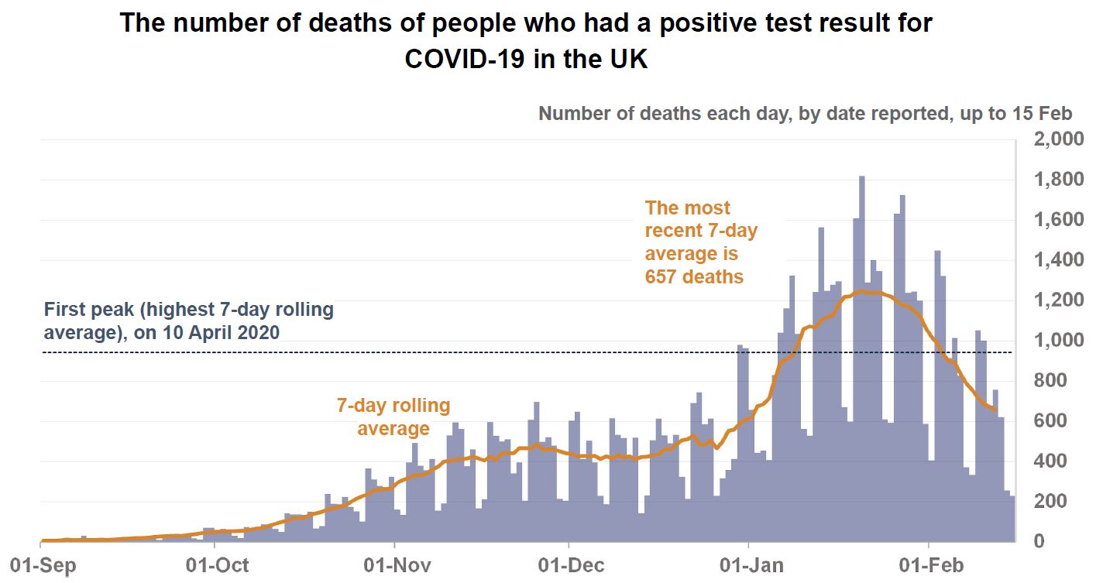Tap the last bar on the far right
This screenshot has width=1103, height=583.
tap(1012, 519)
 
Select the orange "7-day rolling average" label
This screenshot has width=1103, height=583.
tap(393, 417)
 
